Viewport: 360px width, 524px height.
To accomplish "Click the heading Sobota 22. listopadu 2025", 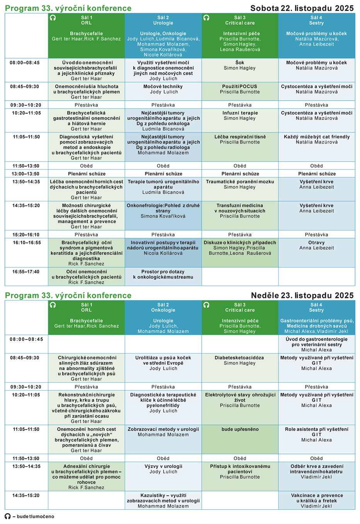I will (302, 8).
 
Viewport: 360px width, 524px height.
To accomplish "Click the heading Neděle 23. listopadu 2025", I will (302, 296).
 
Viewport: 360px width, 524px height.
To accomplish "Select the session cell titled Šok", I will (240, 65).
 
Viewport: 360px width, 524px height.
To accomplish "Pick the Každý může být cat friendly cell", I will (317, 140).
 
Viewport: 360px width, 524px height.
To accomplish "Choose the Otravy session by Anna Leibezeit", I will (317, 245).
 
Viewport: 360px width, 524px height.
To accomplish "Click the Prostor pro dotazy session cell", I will (163, 274).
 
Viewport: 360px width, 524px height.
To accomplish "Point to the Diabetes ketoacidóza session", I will (240, 361).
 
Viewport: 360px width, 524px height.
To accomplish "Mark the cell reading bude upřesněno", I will (240, 430).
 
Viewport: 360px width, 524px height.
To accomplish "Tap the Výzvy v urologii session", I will (163, 469).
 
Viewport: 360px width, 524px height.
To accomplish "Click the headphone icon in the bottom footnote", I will (8, 516).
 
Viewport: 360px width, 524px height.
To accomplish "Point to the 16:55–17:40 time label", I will (26, 272).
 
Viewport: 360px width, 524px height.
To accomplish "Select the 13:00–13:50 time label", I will (26, 174).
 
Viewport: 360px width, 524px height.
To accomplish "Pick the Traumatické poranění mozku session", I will (240, 184).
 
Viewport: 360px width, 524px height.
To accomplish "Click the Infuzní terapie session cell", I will (240, 116).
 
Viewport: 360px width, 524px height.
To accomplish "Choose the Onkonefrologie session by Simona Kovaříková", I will (163, 211).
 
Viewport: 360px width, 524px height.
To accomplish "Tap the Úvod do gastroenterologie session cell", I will (317, 344).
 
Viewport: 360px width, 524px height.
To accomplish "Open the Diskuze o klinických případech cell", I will (240, 248).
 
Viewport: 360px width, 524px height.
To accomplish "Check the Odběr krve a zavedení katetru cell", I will (317, 471).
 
